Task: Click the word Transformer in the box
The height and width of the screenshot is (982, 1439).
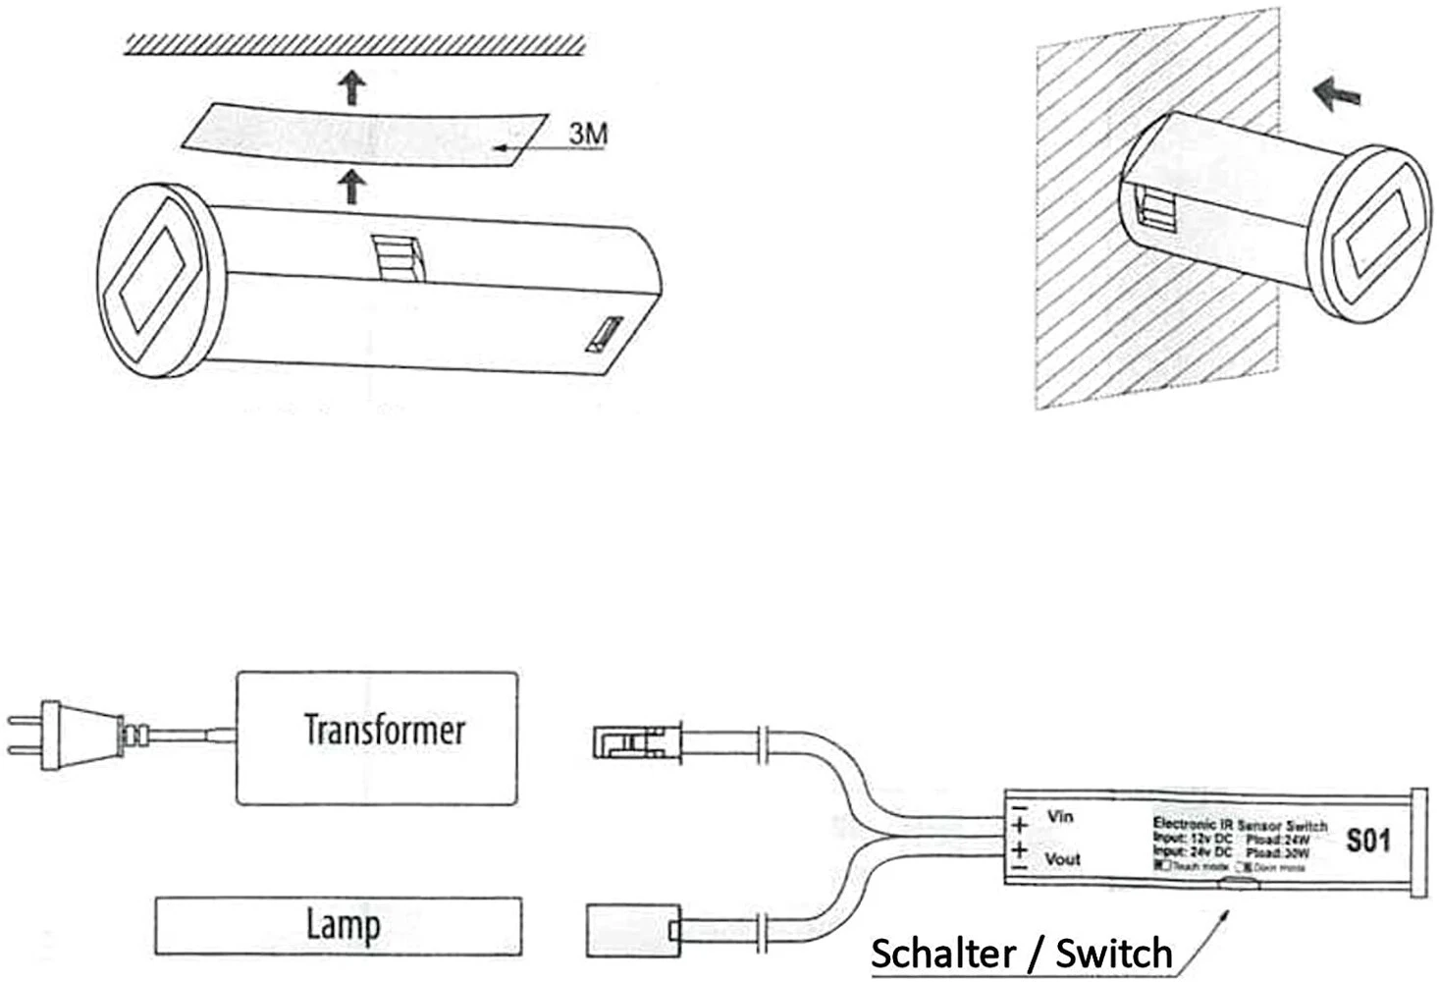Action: (384, 730)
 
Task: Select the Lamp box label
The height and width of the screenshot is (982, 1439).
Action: (343, 925)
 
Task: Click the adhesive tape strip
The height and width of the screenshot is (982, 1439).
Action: (368, 136)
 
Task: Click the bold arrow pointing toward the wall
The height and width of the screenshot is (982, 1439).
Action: (1337, 94)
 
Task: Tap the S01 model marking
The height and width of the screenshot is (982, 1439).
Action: (1368, 841)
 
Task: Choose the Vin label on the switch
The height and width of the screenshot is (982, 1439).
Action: (1060, 816)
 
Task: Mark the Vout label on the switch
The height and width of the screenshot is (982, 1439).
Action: (1062, 859)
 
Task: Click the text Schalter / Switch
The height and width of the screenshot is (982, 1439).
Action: (1021, 954)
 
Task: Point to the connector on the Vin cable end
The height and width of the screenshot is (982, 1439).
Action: (637, 741)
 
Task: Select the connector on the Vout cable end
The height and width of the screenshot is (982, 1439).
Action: (631, 929)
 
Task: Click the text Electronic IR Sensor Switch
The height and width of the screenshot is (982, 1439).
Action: (1239, 825)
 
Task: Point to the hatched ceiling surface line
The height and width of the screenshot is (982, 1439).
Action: (355, 44)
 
